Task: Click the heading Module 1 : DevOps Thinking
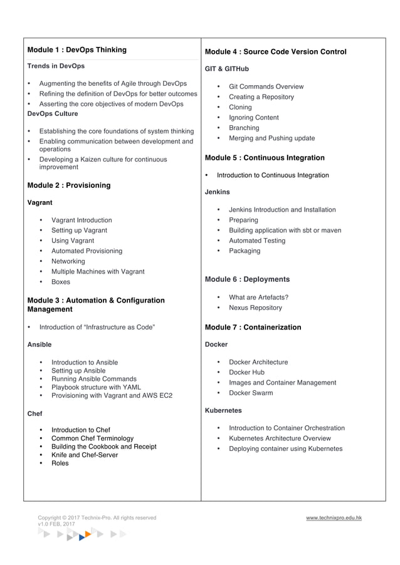pos(77,50)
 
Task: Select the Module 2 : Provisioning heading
pos(69,185)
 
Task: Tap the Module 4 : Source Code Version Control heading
pos(275,52)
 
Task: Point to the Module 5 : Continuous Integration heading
pos(265,158)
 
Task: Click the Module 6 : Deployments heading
pos(247,279)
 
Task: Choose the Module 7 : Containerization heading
pos(253,328)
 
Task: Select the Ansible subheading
pos(39,345)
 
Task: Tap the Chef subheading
pos(35,414)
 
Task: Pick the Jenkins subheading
pos(218,192)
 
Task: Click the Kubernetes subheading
pos(223,411)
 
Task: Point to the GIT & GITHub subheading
pos(227,69)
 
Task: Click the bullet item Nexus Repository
pos(255,308)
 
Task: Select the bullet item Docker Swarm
pos(251,393)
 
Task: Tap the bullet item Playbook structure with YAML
pos(96,387)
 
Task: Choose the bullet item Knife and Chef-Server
pos(85,455)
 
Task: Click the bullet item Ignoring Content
pos(253,118)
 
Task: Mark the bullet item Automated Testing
pos(256,241)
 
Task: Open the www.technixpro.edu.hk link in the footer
pos(334,518)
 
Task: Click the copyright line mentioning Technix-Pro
pos(97,518)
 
